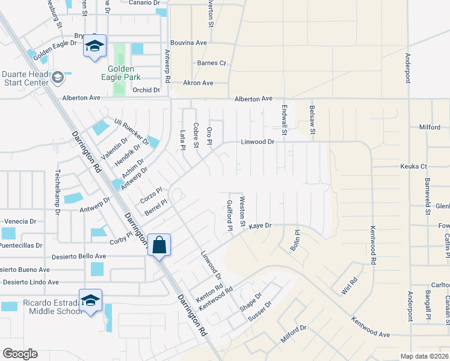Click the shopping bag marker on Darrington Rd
(159, 245)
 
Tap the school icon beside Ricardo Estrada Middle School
(90, 300)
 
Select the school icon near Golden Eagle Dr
(94, 46)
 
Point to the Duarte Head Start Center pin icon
(57, 77)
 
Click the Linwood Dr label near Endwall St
(257, 142)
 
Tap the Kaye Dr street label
(260, 225)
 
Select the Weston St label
(242, 211)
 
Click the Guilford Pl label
(229, 215)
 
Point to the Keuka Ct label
(413, 166)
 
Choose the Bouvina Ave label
(188, 43)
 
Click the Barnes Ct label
(211, 63)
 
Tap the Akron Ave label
(198, 83)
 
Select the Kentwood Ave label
(371, 326)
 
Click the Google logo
(20, 354)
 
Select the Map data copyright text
(424, 356)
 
